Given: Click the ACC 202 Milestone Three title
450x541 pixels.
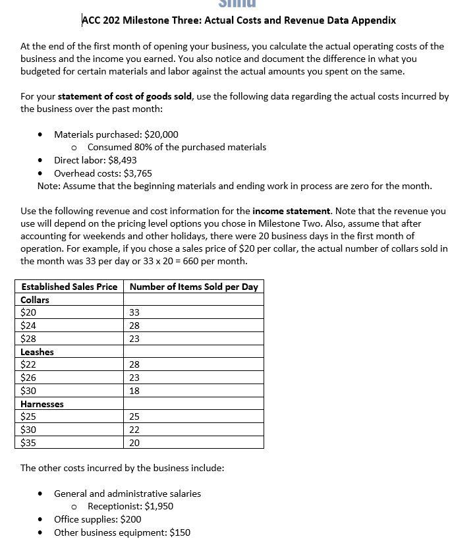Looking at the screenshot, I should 239,20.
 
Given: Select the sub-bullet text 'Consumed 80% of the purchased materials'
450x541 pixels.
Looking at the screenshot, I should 177,147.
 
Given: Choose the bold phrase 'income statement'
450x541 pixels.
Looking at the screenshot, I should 291,211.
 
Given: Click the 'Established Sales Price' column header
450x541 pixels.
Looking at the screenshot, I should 69,287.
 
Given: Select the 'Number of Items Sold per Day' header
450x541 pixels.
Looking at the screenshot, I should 194,287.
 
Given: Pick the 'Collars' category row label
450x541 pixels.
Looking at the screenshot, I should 35,300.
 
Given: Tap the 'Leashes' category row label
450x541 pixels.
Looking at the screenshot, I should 37,352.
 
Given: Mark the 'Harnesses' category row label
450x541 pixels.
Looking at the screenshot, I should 42,404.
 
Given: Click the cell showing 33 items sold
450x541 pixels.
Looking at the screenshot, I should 135,313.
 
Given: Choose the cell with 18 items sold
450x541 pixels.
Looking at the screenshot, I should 135,391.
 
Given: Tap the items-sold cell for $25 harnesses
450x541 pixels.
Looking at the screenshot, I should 135,416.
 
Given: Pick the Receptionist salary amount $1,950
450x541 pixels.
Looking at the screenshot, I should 159,506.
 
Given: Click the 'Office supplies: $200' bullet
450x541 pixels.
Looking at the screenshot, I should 98,519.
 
